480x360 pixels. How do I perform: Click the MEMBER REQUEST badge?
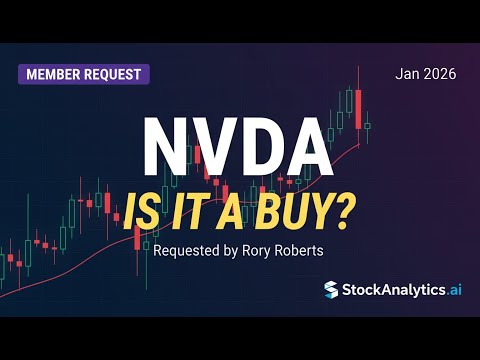tap(84, 74)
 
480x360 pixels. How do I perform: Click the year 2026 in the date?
tap(441, 73)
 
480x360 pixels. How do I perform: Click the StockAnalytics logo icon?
tap(331, 289)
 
